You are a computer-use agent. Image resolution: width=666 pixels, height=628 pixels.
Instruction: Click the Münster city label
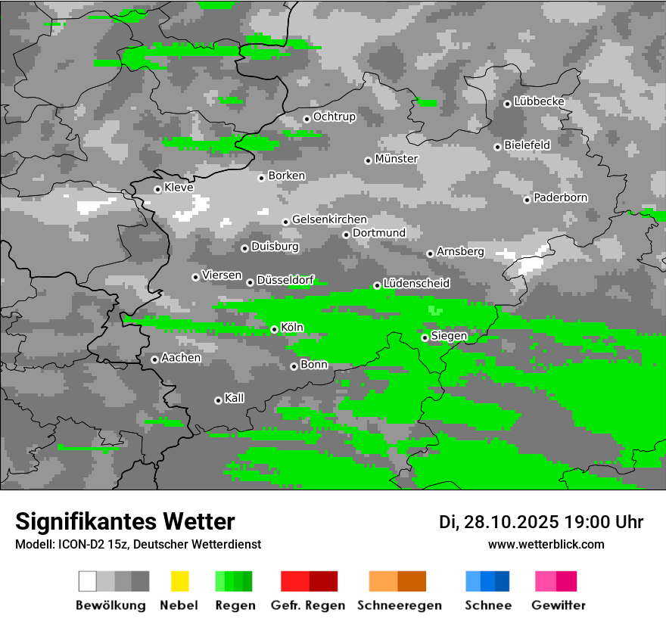pos(397,159)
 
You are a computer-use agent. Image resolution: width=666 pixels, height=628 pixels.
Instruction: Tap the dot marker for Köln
pos(274,330)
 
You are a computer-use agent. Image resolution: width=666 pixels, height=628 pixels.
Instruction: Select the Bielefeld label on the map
pos(528,145)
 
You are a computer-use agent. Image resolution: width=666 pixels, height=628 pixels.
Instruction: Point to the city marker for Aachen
pos(154,359)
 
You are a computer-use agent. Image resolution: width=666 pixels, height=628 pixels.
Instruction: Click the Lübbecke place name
pos(539,101)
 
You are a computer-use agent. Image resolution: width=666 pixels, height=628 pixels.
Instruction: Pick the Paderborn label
pos(560,197)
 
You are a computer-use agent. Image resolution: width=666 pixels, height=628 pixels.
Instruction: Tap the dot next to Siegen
pos(425,337)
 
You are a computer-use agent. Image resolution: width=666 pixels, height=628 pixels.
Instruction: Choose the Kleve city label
pos(179,188)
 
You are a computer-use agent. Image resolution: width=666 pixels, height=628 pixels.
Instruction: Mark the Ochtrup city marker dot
pos(307,118)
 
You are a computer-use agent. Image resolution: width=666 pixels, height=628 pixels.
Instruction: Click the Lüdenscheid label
pos(416,284)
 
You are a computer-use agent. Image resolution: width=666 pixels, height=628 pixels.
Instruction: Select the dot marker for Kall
pos(218,400)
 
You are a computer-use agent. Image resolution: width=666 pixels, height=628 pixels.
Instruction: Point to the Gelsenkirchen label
pos(329,219)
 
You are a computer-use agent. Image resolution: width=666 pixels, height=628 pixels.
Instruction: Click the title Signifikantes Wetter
pos(125,521)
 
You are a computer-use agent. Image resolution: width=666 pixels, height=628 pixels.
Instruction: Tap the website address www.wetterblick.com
pos(546,544)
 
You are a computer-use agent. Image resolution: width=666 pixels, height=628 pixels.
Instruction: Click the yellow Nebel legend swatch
pos(179,581)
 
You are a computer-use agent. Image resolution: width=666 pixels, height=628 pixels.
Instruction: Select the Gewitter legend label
pos(559,605)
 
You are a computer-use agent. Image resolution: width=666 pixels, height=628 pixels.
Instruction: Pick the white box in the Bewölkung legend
pos(88,581)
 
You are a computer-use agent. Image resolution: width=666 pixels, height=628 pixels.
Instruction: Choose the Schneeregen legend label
pos(399,605)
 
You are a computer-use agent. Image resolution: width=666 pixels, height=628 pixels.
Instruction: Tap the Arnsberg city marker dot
pos(430,253)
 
